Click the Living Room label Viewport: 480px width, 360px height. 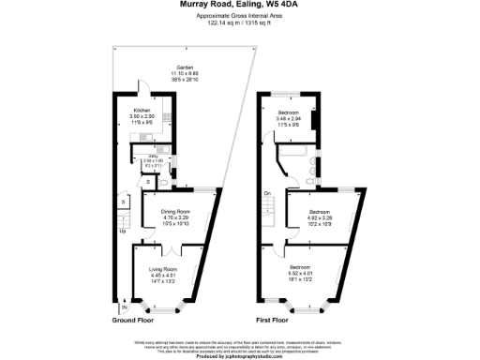[x=163, y=269]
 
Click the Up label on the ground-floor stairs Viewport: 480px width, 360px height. [x=121, y=232]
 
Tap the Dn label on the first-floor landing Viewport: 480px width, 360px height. [x=267, y=194]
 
